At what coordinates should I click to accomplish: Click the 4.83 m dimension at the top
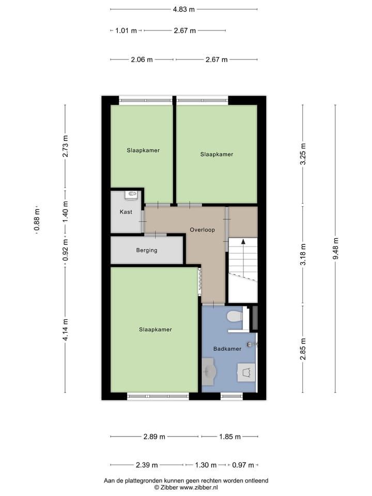184,9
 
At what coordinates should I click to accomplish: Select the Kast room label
126,212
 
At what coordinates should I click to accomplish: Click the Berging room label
147,250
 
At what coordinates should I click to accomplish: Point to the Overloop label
202,229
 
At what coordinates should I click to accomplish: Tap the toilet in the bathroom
235,316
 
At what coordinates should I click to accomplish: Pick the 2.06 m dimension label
142,59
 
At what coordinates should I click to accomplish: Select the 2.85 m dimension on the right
303,349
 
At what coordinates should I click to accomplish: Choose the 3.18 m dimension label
303,254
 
